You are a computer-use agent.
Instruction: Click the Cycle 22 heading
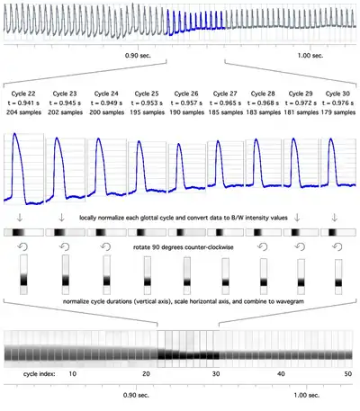[x=23, y=94]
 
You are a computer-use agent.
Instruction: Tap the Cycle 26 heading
[x=186, y=94]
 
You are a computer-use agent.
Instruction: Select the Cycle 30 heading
[x=337, y=94]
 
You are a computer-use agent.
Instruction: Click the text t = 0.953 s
[x=147, y=103]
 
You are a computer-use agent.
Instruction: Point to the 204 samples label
[x=23, y=112]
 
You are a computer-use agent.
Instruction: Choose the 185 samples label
[x=226, y=112]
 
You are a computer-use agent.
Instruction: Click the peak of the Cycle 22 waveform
[x=14, y=133]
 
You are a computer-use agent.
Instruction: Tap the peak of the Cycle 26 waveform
[x=179, y=144]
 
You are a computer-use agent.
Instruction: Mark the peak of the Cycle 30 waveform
[x=331, y=138]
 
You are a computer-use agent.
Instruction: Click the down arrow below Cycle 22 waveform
[x=20, y=218]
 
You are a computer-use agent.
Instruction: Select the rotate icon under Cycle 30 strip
[x=337, y=246]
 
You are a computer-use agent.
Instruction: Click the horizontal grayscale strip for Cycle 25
[x=147, y=232]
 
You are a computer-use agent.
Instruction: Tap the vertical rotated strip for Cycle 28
[x=264, y=276]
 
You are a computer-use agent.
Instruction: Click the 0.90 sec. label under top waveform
[x=138, y=56]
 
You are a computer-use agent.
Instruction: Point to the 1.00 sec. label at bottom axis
[x=307, y=395]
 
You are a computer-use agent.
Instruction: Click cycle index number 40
[x=281, y=374]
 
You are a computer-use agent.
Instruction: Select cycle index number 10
[x=73, y=374]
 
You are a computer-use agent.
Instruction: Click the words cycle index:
[x=40, y=374]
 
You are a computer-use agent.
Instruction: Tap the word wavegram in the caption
[x=291, y=301]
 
